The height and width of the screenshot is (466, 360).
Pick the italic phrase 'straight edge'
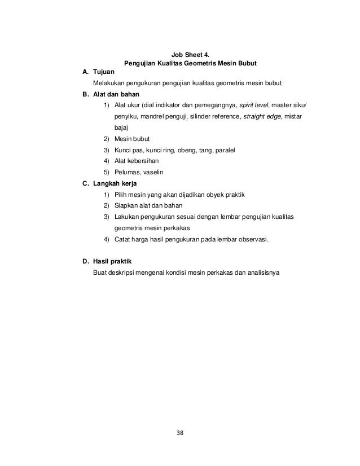point(266,117)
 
